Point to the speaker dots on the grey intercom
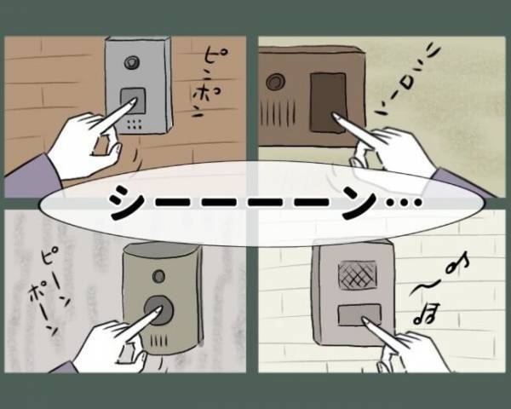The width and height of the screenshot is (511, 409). (x=135, y=123)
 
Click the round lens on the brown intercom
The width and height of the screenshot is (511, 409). (x=276, y=83)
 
